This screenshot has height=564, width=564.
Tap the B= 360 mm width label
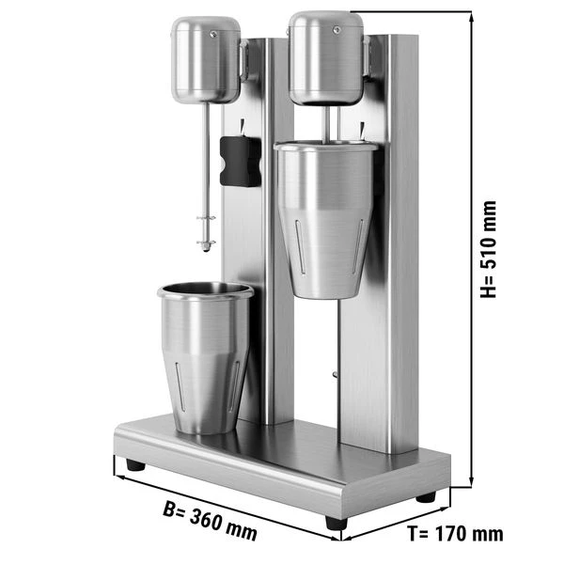pyautogui.click(x=211, y=521)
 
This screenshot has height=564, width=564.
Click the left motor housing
pyautogui.click(x=206, y=60)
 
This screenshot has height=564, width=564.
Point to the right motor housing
pyautogui.click(x=324, y=58)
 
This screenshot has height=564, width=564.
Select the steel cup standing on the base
pyautogui.click(x=205, y=362)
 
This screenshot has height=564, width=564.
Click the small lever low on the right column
pyautogui.click(x=334, y=376)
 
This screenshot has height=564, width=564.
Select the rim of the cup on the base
pyautogui.click(x=205, y=291)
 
